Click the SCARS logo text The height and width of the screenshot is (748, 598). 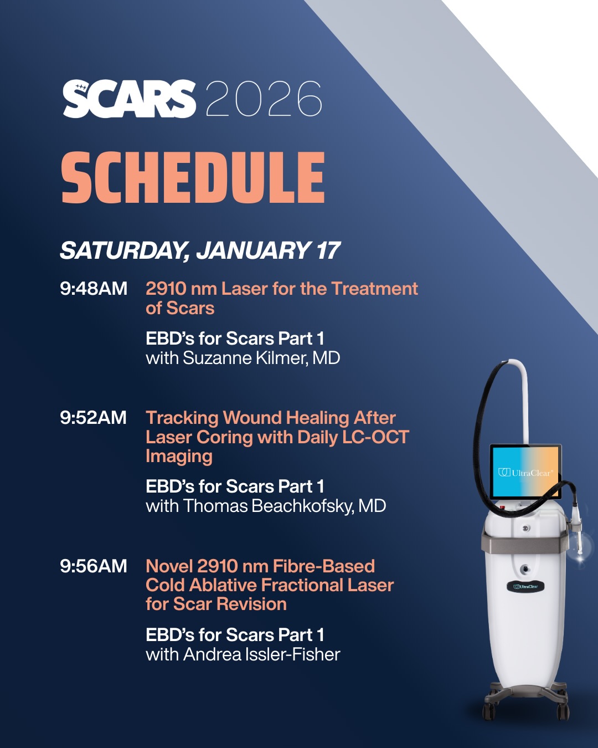pos(129,99)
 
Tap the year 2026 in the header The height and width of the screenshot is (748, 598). pos(264,99)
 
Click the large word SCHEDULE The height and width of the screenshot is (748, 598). pos(193,177)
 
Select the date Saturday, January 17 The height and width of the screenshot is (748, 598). pos(200,250)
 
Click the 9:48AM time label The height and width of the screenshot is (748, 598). pos(94,289)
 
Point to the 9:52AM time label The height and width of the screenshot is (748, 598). pos(93,417)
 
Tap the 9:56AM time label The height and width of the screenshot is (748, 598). pos(94,566)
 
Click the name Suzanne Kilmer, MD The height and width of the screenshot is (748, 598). pos(262,358)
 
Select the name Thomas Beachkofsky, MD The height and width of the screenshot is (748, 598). pos(285,506)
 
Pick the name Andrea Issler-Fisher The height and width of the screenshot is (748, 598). pos(262,654)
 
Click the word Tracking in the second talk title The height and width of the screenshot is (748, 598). pos(182,418)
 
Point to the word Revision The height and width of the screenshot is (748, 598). pos(253,604)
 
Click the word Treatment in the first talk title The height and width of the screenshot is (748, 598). pos(374,289)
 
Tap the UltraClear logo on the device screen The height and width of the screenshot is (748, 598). pos(525,473)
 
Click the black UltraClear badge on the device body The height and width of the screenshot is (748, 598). pos(525,587)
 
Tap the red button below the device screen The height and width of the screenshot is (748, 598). pos(502,507)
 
